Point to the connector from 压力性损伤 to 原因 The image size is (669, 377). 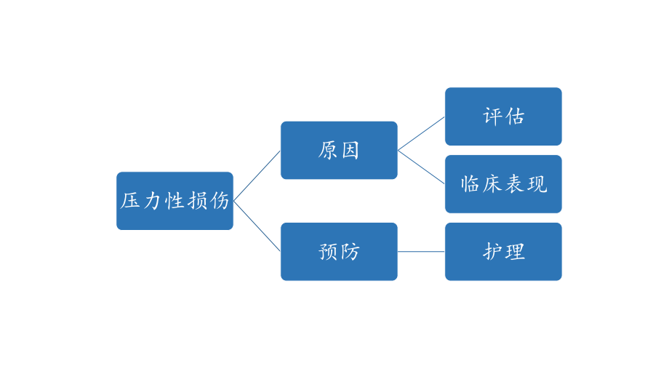click(x=257, y=175)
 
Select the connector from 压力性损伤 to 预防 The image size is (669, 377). click(x=257, y=226)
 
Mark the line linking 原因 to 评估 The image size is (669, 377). click(x=421, y=133)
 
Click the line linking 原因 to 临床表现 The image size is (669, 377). click(x=421, y=167)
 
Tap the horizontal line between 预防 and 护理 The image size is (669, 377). click(x=421, y=252)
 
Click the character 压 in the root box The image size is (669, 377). click(x=131, y=201)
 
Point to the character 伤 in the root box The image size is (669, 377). click(x=219, y=201)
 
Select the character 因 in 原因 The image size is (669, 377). click(x=350, y=151)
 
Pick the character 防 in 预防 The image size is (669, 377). click(x=350, y=252)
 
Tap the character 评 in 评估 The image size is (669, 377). click(x=493, y=116)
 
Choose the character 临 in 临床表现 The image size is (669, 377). click(x=470, y=184)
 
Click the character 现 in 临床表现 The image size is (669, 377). click(x=537, y=184)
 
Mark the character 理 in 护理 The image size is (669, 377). click(x=515, y=252)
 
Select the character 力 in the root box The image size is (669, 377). click(x=152, y=201)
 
